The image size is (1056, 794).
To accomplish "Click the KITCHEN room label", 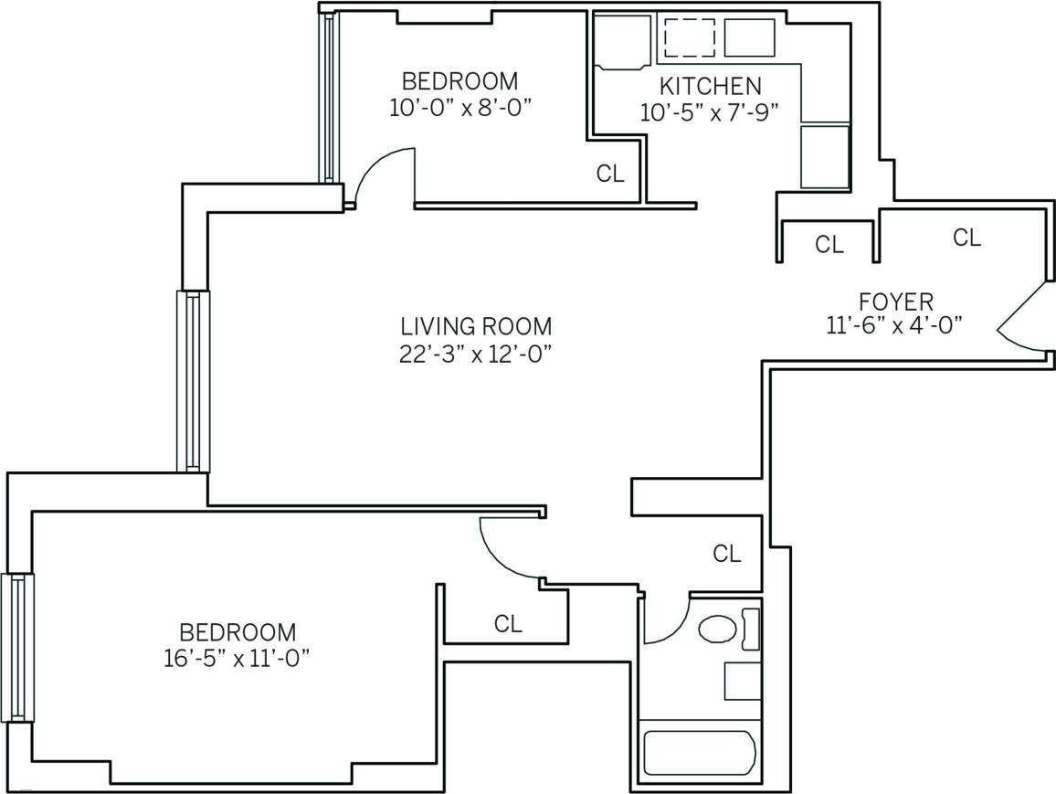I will [710, 87].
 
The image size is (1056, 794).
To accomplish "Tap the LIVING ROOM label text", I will [476, 326].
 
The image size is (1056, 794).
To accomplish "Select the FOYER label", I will [895, 302].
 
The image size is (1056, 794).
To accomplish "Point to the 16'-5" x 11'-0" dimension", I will [238, 659].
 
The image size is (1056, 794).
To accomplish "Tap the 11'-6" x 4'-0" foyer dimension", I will [895, 326].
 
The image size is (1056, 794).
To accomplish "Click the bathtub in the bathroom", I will [700, 753].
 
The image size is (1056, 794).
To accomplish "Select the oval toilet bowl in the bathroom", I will [718, 629].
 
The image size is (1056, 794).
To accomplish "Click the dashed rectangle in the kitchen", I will [689, 37].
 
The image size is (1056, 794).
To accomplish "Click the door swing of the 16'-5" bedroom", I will [508, 549].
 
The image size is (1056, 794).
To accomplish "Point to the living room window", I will [193, 381].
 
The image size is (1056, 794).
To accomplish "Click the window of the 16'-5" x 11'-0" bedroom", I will [16, 647].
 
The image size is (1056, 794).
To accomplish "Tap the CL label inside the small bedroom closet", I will [609, 174].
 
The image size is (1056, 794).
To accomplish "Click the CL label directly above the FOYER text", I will [966, 238].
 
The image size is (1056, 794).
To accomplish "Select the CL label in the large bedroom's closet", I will [507, 624].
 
